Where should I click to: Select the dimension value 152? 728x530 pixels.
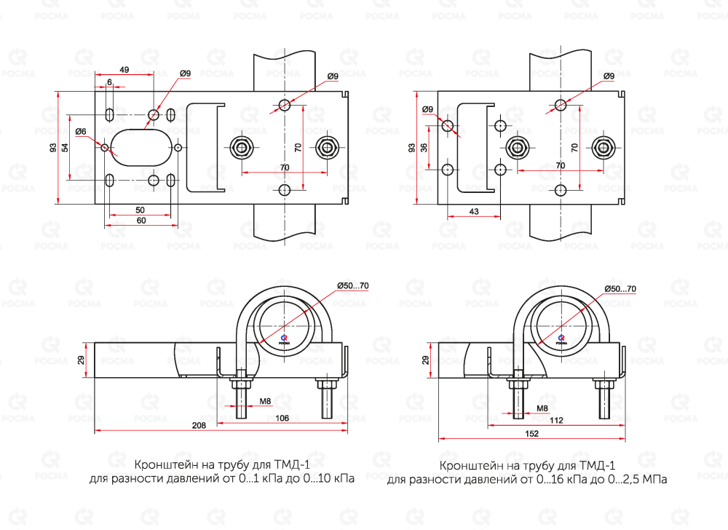pyautogui.click(x=531, y=434)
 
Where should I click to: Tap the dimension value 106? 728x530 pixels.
pyautogui.click(x=283, y=417)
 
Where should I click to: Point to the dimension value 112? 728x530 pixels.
pyautogui.click(x=558, y=419)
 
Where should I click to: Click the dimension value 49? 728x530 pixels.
pyautogui.click(x=124, y=70)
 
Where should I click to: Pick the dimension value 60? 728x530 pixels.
pyautogui.click(x=141, y=220)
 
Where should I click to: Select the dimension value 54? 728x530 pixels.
pyautogui.click(x=65, y=148)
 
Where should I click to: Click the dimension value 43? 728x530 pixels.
pyautogui.click(x=474, y=211)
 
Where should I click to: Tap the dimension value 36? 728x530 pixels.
pyautogui.click(x=424, y=148)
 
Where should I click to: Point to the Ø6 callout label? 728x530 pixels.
pyautogui.click(x=81, y=131)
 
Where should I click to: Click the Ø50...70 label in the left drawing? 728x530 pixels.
pyautogui.click(x=352, y=286)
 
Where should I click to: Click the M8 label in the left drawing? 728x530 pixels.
pyautogui.click(x=266, y=400)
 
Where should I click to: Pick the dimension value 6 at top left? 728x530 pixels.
pyautogui.click(x=109, y=83)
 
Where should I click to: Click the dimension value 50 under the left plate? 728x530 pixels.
pyautogui.click(x=139, y=210)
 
